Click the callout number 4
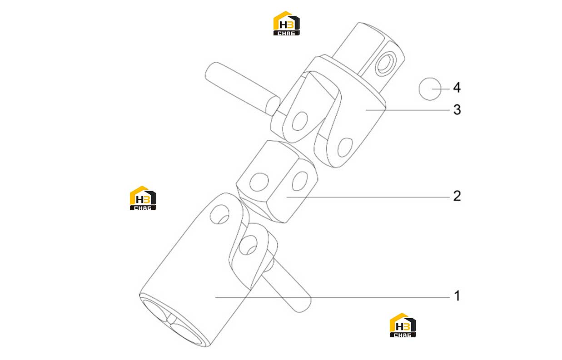[457, 88]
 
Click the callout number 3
[457, 109]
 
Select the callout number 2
[457, 196]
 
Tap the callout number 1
[458, 296]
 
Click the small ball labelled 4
[430, 89]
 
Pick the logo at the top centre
[286, 23]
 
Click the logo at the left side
[143, 198]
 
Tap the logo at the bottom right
[403, 325]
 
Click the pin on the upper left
[242, 89]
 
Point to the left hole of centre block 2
[259, 182]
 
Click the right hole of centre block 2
[300, 181]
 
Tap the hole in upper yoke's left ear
[300, 121]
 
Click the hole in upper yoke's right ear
[345, 148]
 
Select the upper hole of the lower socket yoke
[219, 214]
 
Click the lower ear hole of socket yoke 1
[248, 245]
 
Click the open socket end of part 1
[173, 321]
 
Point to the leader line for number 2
[368, 197]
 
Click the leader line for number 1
[333, 297]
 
